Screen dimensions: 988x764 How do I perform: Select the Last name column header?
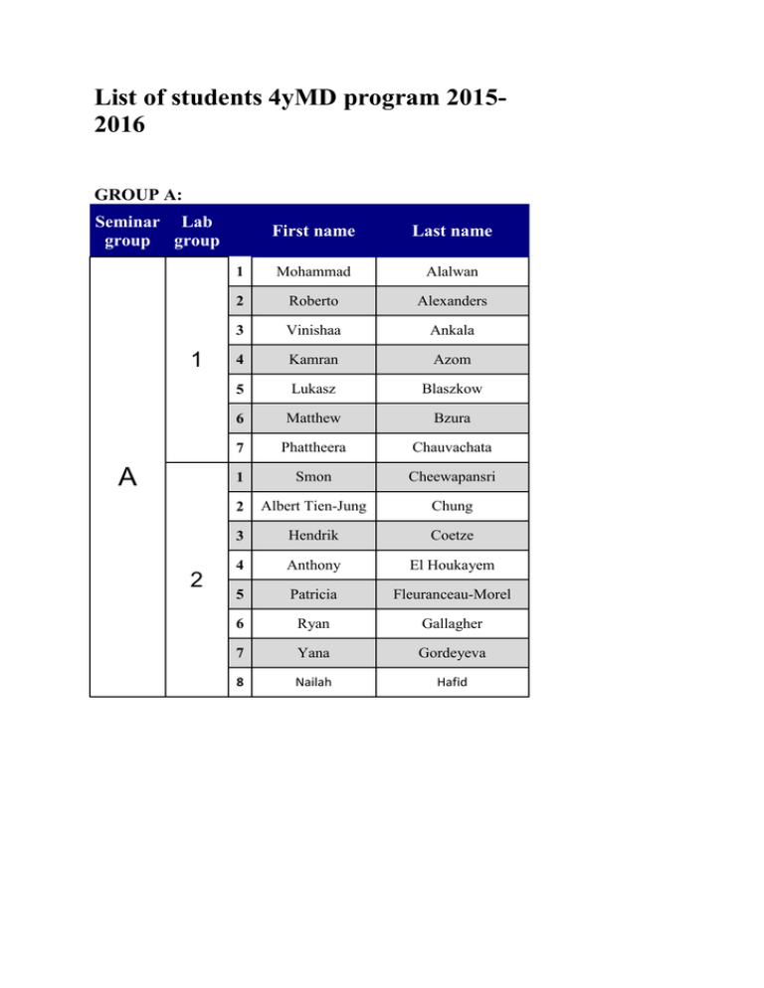tap(453, 231)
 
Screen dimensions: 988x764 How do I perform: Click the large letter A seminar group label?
tap(126, 478)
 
